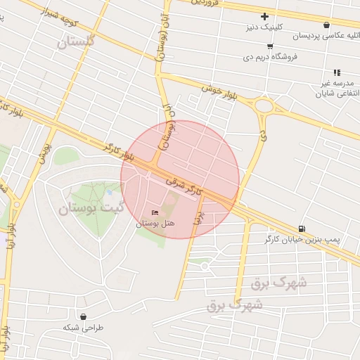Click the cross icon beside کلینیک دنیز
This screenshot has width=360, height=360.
264,16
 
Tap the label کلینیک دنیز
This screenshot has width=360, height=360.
265,27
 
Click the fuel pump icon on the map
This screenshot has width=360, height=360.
302,228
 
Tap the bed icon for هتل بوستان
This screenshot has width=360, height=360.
155,212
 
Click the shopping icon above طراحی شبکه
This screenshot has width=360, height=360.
84,316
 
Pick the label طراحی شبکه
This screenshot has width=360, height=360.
83,328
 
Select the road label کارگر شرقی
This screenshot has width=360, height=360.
184,186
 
